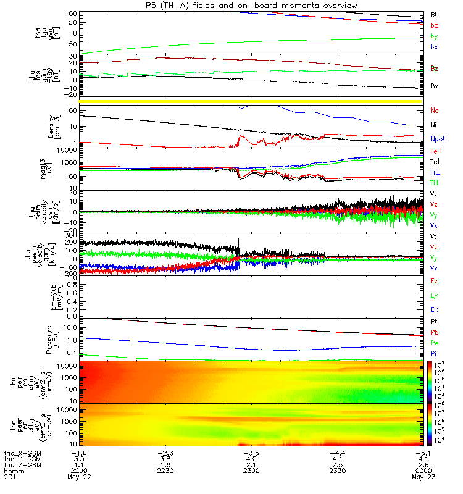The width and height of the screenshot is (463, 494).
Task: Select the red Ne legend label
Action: point(434,111)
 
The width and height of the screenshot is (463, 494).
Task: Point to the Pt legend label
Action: point(433,322)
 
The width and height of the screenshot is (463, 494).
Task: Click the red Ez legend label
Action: point(434,281)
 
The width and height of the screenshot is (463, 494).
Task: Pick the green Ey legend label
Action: point(434,295)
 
